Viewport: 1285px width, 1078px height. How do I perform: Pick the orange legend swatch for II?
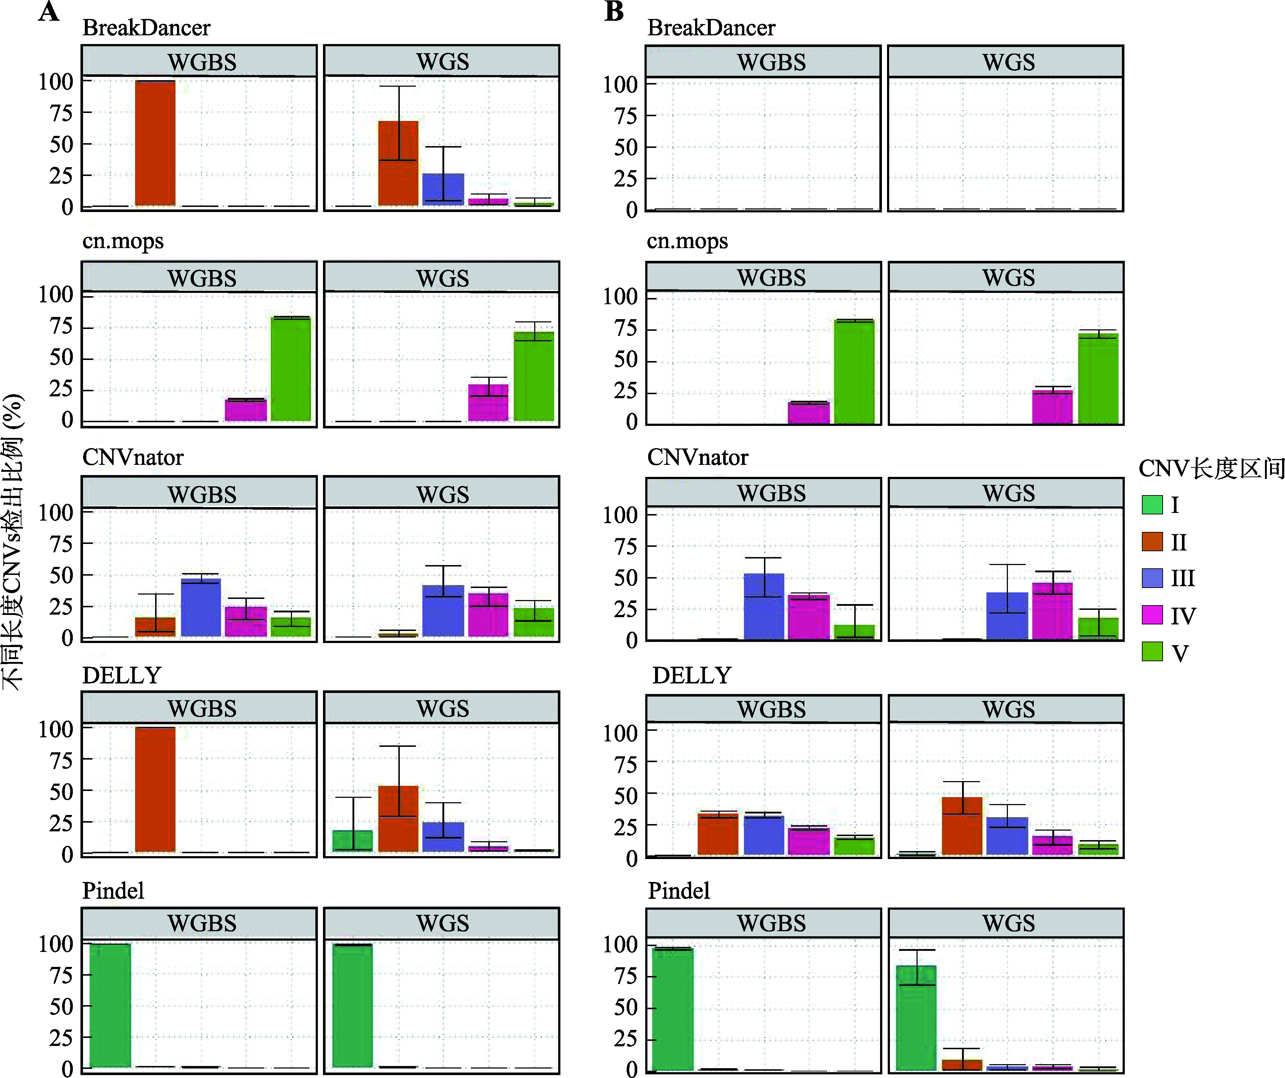point(1152,542)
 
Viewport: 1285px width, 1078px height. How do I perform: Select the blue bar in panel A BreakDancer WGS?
point(443,189)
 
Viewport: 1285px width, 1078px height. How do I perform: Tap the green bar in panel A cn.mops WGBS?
point(291,369)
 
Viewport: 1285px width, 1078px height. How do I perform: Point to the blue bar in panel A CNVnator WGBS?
point(201,607)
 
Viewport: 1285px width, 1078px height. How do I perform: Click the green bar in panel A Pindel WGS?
point(352,1006)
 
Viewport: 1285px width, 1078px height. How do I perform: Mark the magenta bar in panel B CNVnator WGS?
point(1052,611)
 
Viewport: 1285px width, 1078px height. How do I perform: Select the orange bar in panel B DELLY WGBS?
point(718,834)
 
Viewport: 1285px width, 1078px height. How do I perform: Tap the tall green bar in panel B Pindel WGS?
point(916,1018)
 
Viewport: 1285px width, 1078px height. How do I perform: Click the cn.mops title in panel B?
point(687,241)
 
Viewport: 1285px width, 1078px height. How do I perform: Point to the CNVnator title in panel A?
point(133,457)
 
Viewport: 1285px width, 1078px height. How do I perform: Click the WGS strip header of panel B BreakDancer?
point(1008,62)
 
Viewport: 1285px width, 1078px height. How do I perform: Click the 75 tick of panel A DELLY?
point(61,760)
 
